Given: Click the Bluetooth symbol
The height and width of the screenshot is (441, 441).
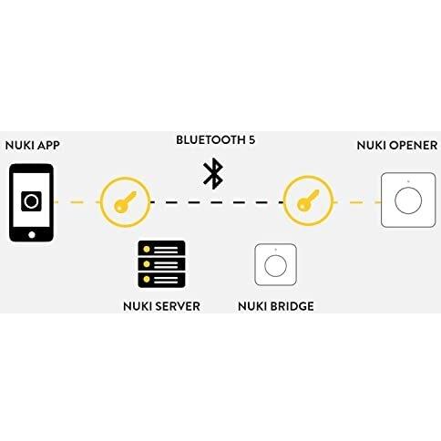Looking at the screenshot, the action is tap(213, 173).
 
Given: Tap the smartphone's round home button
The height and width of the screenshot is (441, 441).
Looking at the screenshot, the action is tap(32, 235).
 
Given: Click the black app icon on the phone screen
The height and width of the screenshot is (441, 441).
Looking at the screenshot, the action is tap(31, 201).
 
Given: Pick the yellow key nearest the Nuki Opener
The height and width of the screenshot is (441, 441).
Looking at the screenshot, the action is tap(308, 200).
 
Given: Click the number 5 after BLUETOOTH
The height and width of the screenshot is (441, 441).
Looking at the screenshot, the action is tap(251, 140).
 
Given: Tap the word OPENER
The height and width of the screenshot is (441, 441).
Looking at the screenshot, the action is tap(414, 146).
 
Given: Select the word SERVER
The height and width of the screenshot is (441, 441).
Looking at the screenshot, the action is tap(178, 306).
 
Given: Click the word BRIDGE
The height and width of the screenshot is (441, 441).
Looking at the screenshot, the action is tap(292, 306).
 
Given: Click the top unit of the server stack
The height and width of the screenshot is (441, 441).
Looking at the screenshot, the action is tap(161, 249).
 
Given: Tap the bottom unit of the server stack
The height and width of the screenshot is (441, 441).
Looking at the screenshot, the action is tap(161, 280).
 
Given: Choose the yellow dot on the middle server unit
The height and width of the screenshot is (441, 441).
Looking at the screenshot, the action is tap(147, 264).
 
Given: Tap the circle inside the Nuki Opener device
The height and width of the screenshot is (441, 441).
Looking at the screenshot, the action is tap(408, 200).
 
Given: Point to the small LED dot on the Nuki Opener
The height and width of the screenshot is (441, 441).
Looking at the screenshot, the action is tap(408, 181).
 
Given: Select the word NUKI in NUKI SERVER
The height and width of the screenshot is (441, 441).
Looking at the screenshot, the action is tap(138, 306).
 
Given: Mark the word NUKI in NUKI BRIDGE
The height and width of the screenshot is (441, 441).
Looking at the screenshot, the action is tap(252, 306).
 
